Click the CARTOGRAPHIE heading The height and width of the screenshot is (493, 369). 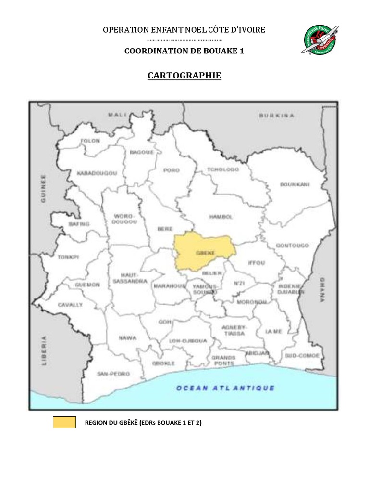click(184, 76)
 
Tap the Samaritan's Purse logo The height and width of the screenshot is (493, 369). click(320, 40)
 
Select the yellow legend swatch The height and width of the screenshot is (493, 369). click(64, 423)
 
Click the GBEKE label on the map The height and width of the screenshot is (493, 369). click(205, 253)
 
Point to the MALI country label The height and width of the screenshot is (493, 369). click(117, 115)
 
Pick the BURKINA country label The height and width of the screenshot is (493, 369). click(276, 116)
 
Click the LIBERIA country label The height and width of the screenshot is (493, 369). click(44, 350)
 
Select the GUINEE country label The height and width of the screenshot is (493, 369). click(44, 188)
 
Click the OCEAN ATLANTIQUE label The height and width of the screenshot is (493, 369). click(225, 388)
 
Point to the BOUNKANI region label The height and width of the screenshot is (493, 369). click(295, 184)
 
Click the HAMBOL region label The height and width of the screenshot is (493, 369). click(221, 217)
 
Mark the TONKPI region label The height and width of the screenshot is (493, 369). click(68, 257)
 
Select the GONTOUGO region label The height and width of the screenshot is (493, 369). click(292, 246)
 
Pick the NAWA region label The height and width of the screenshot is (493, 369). click(127, 338)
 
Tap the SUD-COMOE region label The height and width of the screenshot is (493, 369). click(299, 356)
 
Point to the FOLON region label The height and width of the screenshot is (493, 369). click(90, 141)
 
